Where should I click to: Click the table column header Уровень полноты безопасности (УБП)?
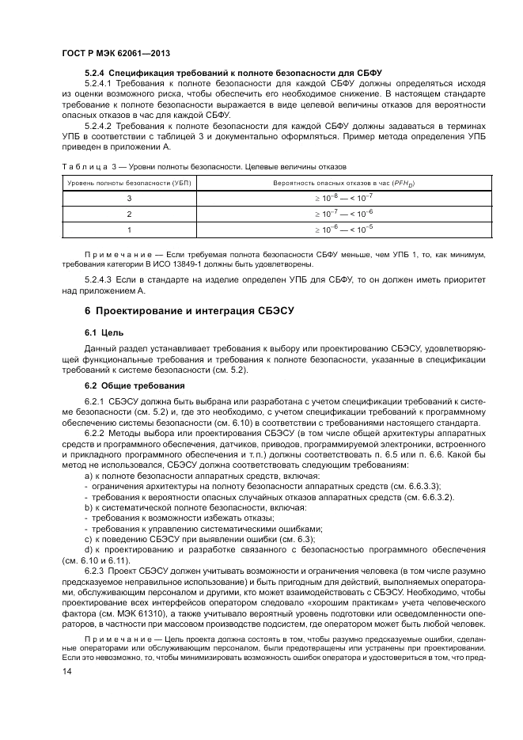129,184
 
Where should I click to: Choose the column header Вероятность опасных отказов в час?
332,184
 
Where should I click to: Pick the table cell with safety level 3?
129,198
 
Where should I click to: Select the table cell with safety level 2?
129,214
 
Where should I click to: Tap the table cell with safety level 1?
129,229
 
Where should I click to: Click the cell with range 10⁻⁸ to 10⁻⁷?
332,198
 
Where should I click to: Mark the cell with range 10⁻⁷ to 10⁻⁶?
332,214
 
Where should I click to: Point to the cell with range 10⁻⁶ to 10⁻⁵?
332,229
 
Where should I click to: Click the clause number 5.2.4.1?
99,82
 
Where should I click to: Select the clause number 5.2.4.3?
99,279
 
